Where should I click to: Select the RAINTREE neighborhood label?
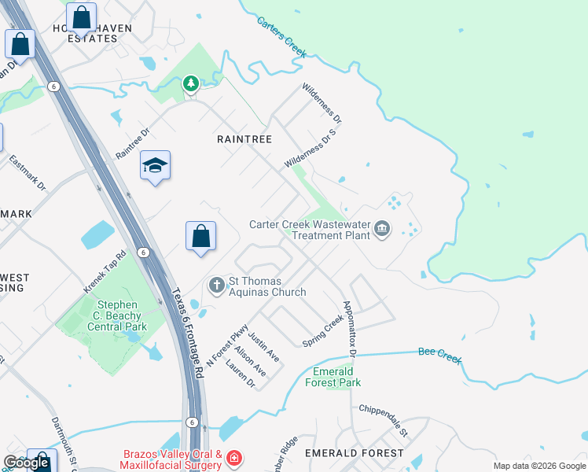point(244,139)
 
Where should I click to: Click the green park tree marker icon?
point(190,83)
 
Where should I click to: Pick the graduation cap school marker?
point(156,165)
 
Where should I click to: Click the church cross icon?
point(216,285)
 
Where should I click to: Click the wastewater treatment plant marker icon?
point(382,229)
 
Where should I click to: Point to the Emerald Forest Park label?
point(336,377)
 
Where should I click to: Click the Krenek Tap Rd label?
point(105,272)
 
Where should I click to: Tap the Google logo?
point(26,463)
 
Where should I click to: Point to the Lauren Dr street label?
point(240,374)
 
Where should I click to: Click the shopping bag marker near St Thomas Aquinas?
point(200,235)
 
